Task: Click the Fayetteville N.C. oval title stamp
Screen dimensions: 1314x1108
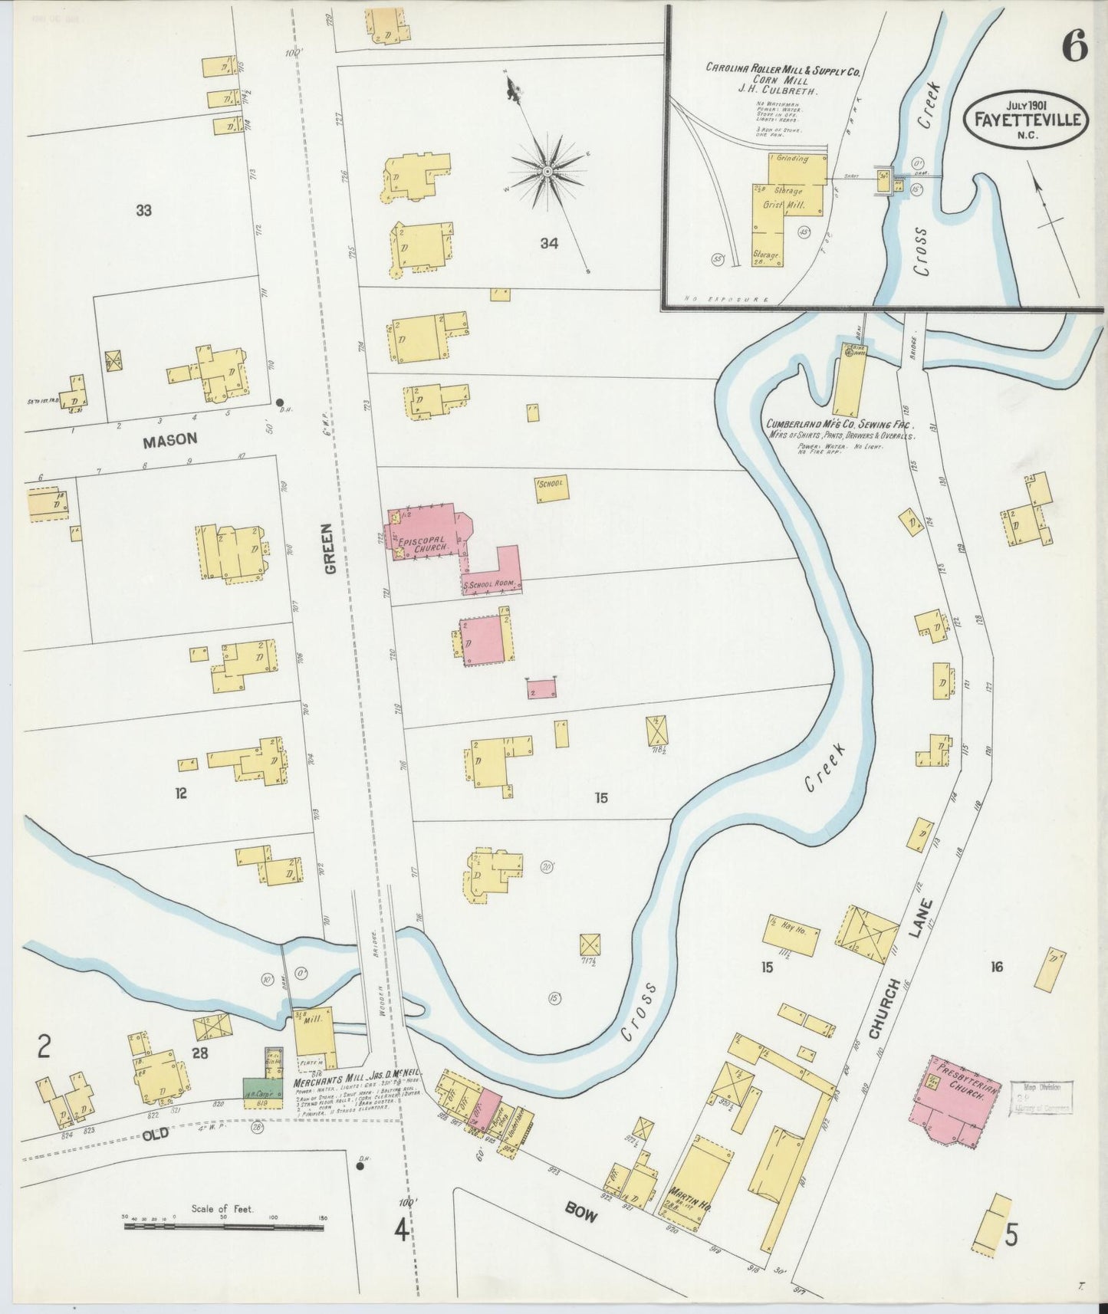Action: click(x=1026, y=120)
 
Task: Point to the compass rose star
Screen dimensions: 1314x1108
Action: click(x=548, y=171)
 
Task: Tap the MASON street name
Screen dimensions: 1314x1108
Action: click(x=169, y=439)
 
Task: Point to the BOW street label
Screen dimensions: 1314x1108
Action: click(x=582, y=1207)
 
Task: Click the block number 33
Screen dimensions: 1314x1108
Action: click(x=143, y=210)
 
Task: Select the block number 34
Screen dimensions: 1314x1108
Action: click(x=548, y=244)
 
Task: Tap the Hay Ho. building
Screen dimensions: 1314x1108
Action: click(x=791, y=934)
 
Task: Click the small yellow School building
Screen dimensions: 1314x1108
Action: click(x=551, y=489)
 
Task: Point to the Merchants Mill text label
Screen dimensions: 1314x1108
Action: click(x=340, y=1082)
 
